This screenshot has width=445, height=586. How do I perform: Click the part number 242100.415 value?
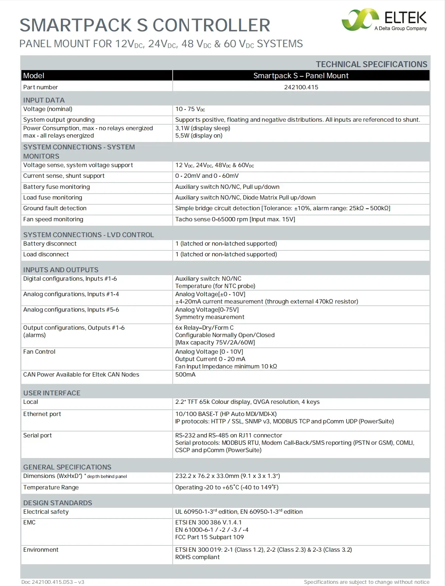point(301,87)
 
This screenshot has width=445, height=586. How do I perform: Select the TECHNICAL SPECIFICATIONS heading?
point(371,64)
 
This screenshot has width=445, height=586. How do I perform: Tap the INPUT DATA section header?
point(44,100)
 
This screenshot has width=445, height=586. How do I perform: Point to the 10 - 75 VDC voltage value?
point(190,109)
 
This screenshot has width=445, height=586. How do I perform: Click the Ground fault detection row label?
point(55,208)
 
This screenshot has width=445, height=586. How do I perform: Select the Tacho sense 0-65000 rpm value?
point(235,219)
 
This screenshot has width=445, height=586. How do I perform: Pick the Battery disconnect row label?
point(50,244)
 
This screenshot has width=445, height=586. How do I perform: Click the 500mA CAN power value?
point(185,375)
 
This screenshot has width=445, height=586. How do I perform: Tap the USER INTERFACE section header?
point(52,393)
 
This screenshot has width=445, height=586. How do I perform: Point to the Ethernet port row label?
point(42,414)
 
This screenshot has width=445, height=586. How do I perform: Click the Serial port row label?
point(37,436)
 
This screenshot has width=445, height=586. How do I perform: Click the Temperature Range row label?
point(51,488)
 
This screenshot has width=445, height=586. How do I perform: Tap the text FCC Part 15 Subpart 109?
point(209,537)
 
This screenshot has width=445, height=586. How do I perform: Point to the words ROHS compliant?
point(197,557)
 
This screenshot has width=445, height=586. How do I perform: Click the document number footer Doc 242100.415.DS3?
point(53,582)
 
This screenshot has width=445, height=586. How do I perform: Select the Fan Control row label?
point(39,352)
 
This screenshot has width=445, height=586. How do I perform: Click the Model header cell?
point(34,76)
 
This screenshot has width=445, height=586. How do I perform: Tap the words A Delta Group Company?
point(400,28)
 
